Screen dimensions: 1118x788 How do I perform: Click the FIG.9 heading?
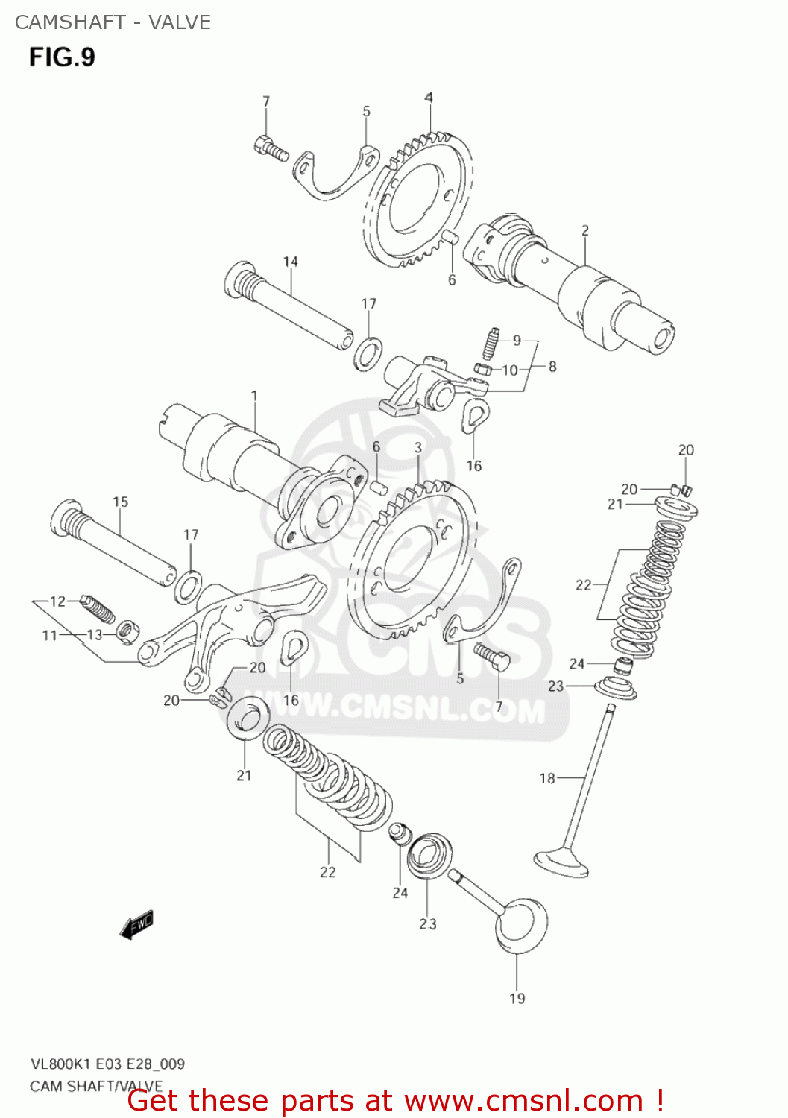(63, 57)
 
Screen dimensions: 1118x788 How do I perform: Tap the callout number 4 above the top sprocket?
(429, 98)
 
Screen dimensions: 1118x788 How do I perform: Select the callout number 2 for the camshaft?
(585, 230)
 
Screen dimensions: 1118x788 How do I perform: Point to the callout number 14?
(290, 262)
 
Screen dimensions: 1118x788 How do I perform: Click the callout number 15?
(121, 502)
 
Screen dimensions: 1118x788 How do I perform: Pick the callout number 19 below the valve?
(517, 998)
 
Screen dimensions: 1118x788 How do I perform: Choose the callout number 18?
(547, 778)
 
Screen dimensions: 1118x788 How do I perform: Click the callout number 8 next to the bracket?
(552, 367)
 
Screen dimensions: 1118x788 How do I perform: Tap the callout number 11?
(49, 635)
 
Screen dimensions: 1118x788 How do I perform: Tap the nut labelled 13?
(127, 632)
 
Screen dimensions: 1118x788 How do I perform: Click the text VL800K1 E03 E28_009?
(107, 1064)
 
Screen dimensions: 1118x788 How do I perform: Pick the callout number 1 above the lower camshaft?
(254, 396)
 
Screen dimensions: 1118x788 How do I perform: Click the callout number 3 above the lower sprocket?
(418, 447)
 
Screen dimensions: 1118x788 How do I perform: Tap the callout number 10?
(510, 370)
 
